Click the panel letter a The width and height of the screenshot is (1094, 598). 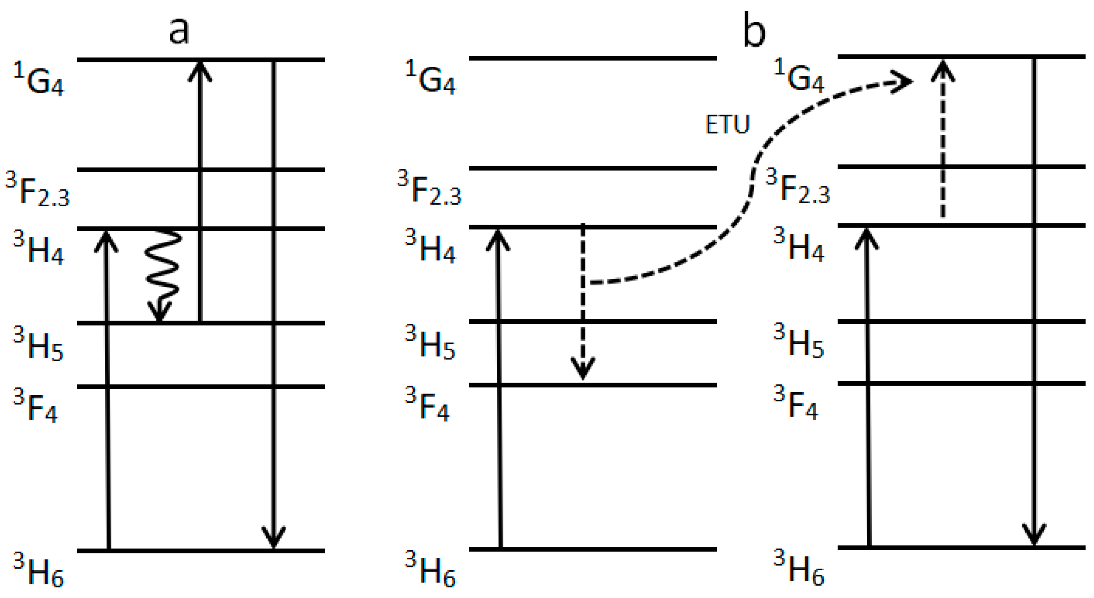click(179, 31)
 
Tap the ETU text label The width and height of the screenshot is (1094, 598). click(727, 124)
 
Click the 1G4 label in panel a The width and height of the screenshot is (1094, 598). click(38, 79)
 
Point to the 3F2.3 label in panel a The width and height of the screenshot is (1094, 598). click(37, 189)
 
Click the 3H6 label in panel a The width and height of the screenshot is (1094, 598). click(38, 569)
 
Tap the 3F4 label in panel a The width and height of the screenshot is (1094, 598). click(36, 406)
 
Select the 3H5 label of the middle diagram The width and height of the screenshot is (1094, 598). click(430, 342)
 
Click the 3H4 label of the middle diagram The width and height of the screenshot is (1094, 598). click(430, 247)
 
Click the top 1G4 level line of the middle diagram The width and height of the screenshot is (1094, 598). click(593, 58)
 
